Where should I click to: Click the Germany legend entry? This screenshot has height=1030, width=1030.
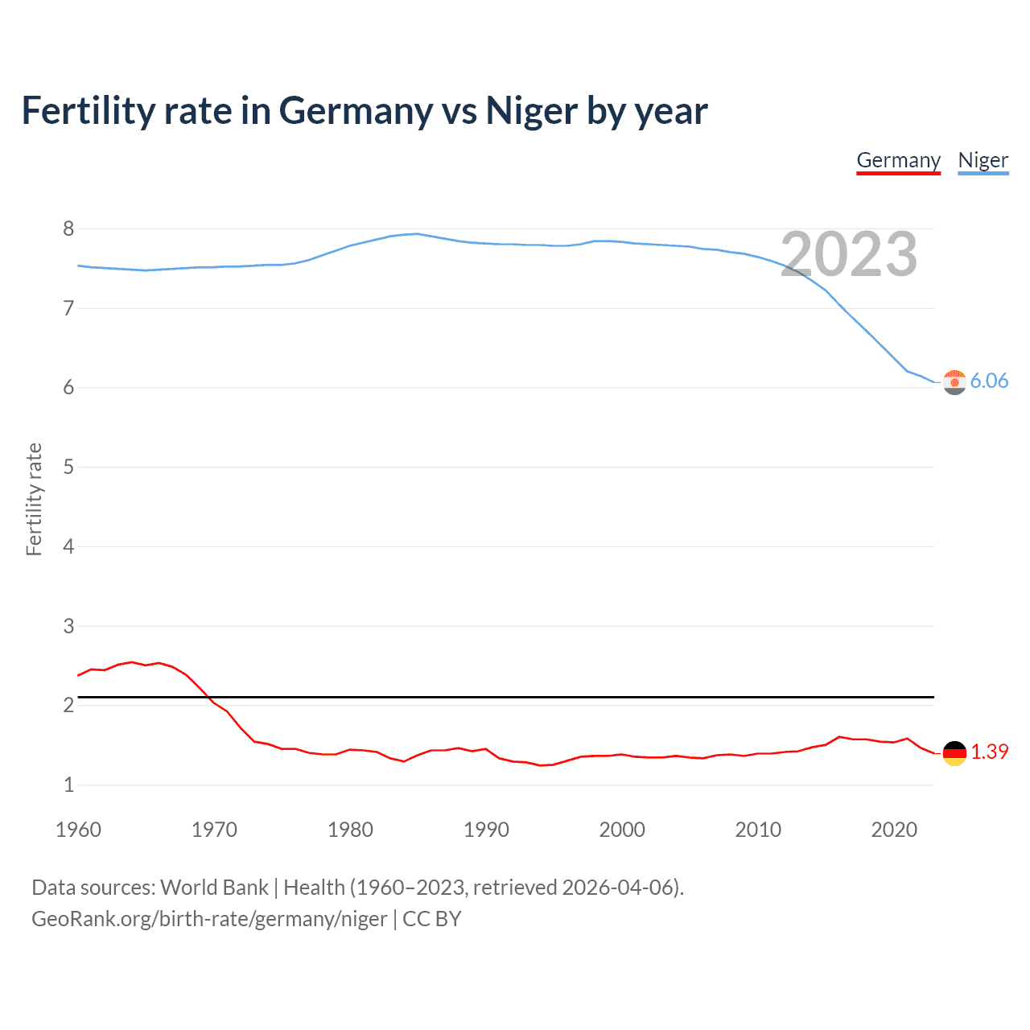pos(898,160)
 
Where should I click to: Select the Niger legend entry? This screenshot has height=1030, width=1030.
pos(983,160)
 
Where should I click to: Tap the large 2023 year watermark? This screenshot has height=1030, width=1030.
pos(848,254)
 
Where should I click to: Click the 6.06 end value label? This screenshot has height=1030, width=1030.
pos(989,381)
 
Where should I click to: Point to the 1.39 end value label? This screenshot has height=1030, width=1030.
pos(989,752)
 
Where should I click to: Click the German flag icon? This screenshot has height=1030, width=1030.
pos(954,753)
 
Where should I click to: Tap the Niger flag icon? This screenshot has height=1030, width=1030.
pos(954,382)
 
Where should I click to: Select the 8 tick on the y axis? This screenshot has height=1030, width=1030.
pos(68,229)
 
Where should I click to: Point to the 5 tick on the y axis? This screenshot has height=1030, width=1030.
pos(68,468)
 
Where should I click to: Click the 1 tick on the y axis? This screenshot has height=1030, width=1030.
pos(68,785)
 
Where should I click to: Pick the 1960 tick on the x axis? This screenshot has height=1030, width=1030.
pos(78,830)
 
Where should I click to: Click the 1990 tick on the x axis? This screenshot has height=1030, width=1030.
pos(486,830)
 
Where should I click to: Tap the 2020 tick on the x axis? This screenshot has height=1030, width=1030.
pos(894,830)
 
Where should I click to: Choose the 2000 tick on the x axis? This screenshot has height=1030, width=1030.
pos(622,830)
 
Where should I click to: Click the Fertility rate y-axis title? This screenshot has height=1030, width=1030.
pos(34,499)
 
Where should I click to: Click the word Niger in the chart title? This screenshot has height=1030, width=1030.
pos(531,111)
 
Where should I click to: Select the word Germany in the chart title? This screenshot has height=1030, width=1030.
pos(355,111)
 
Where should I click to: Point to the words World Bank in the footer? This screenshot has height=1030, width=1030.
pos(214,888)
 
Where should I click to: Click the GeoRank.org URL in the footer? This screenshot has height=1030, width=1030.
pos(209,919)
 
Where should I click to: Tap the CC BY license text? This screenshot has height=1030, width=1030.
pos(432,919)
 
